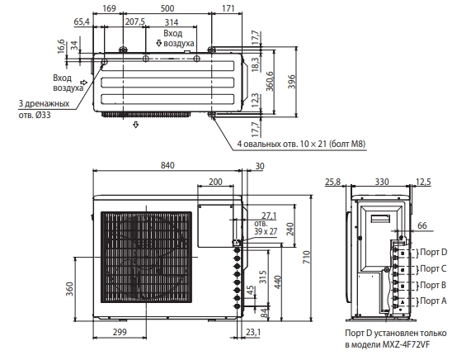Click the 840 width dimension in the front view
click(167, 165)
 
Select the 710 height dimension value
click(307, 257)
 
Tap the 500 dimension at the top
click(167, 8)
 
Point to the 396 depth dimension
click(292, 82)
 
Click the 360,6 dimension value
click(270, 81)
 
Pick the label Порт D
click(433, 252)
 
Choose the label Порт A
click(433, 301)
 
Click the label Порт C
click(433, 268)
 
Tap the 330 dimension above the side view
click(382, 182)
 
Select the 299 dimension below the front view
click(120, 332)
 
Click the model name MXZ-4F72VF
click(406, 344)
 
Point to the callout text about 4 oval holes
click(302, 144)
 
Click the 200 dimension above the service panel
click(215, 182)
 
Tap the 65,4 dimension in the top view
click(82, 21)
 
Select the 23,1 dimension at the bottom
click(253, 332)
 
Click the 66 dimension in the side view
click(422, 225)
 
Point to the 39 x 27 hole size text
click(266, 231)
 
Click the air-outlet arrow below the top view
click(136, 125)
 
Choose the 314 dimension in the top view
click(172, 22)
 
